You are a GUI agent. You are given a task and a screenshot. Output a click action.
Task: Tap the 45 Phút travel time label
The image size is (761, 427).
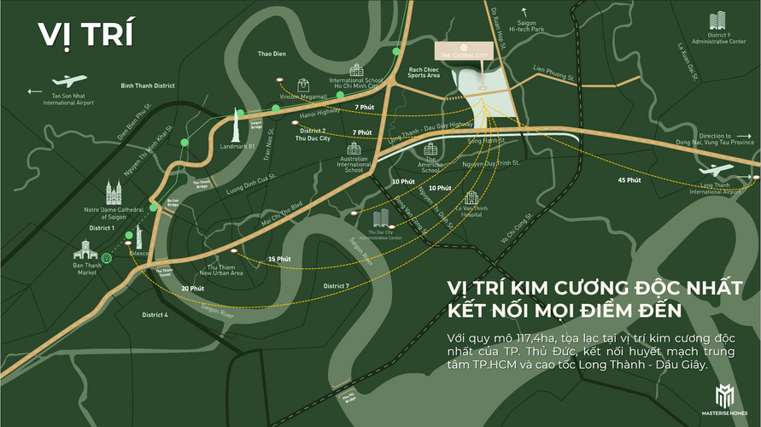pos(629,180)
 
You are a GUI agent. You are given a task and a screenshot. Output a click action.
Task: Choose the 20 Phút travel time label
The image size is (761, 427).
pos(191,289)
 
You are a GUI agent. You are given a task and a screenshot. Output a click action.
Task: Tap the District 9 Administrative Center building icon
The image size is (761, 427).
pos(717,21)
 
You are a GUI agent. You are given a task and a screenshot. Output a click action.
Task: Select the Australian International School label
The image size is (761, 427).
pos(354,165)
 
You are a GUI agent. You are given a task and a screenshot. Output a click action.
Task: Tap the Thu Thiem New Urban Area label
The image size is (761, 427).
pos(220,271)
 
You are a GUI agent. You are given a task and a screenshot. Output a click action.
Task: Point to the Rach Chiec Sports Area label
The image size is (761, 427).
pos(424,73)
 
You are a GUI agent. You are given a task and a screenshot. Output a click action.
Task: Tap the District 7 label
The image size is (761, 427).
pos(336,285)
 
